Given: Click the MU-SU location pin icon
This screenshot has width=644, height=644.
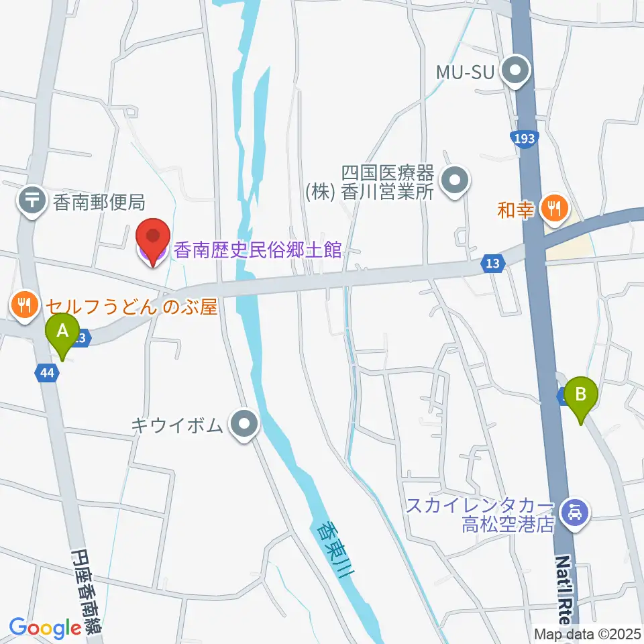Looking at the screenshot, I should point(517,71).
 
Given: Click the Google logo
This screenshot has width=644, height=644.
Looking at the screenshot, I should point(45,629).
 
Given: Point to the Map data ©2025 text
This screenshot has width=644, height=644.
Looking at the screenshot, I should point(587,634).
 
